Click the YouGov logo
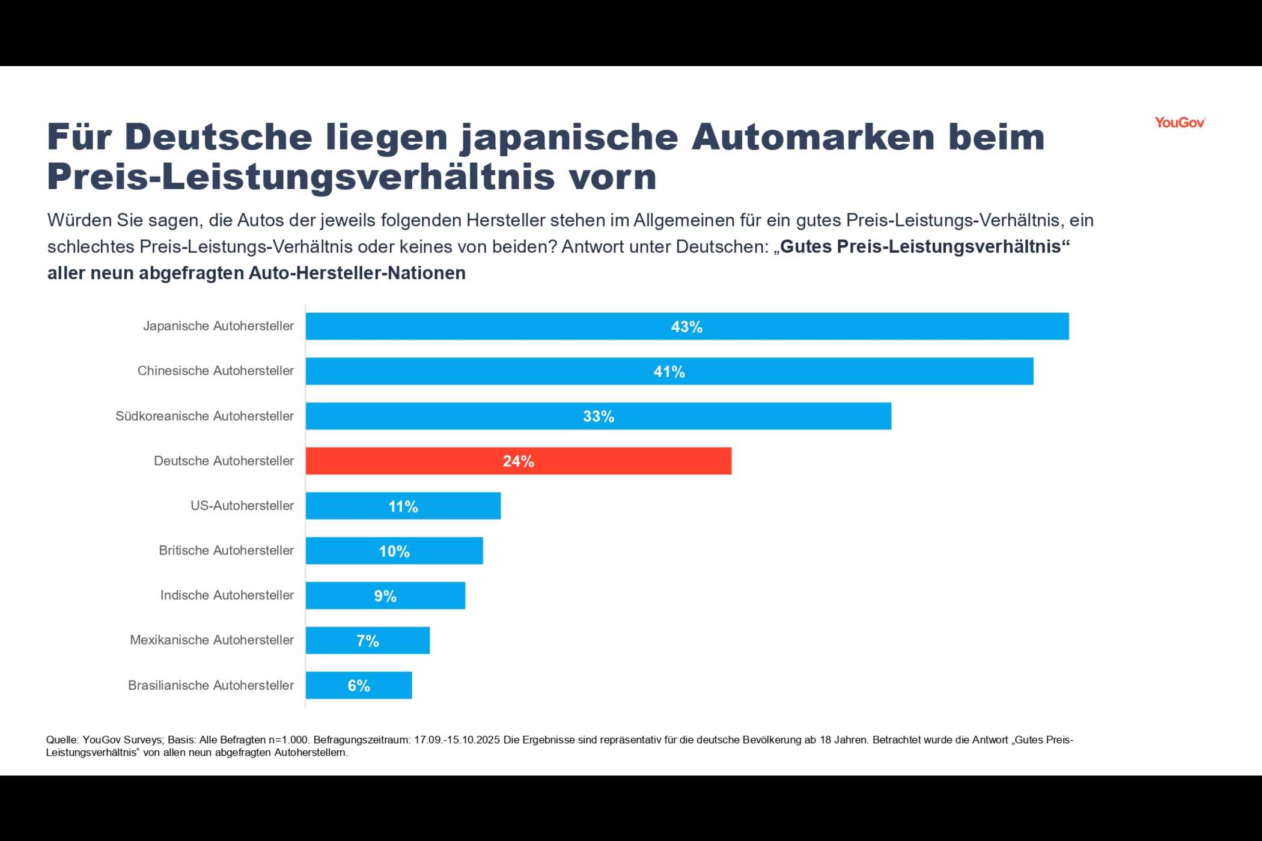[1179, 123]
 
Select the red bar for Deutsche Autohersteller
[518, 461]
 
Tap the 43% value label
[686, 327]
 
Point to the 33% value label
[599, 416]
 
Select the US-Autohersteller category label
[242, 506]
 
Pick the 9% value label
[385, 596]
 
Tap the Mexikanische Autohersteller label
[212, 640]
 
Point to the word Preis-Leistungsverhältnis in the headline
[300, 177]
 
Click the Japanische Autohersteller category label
[218, 326]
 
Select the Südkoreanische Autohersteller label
[204, 416]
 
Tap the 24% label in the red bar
[518, 461]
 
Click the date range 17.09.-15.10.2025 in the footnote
[457, 740]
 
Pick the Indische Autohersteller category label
[227, 595]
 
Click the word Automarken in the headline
[812, 137]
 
